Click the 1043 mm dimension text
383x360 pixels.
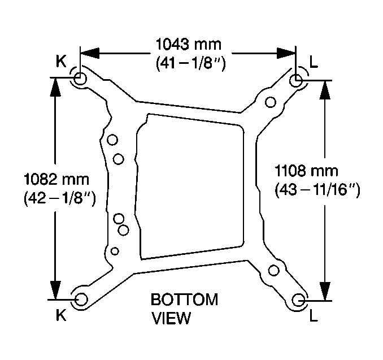pos(189,44)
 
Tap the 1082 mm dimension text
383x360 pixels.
pos(56,180)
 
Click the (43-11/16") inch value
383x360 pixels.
pos(317,190)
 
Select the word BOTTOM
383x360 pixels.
pos(184,300)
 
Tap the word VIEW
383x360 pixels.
pos(171,318)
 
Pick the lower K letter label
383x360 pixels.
pos(62,316)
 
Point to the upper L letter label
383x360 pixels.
pos(314,62)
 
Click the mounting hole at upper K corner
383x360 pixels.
pos(80,79)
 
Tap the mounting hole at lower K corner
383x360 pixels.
pos(81,300)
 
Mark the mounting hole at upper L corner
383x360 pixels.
pos(295,80)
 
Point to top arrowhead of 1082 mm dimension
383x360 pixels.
pos(55,86)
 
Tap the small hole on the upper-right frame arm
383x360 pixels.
pos(271,102)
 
